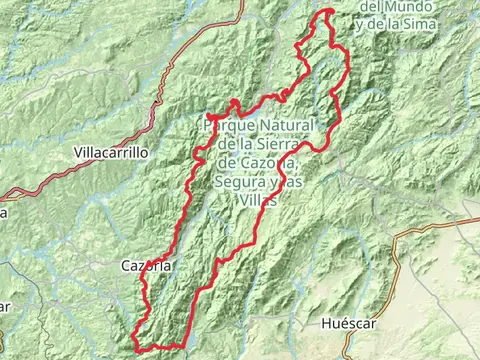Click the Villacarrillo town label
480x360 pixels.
point(111,153)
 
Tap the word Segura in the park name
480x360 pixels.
point(238,182)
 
